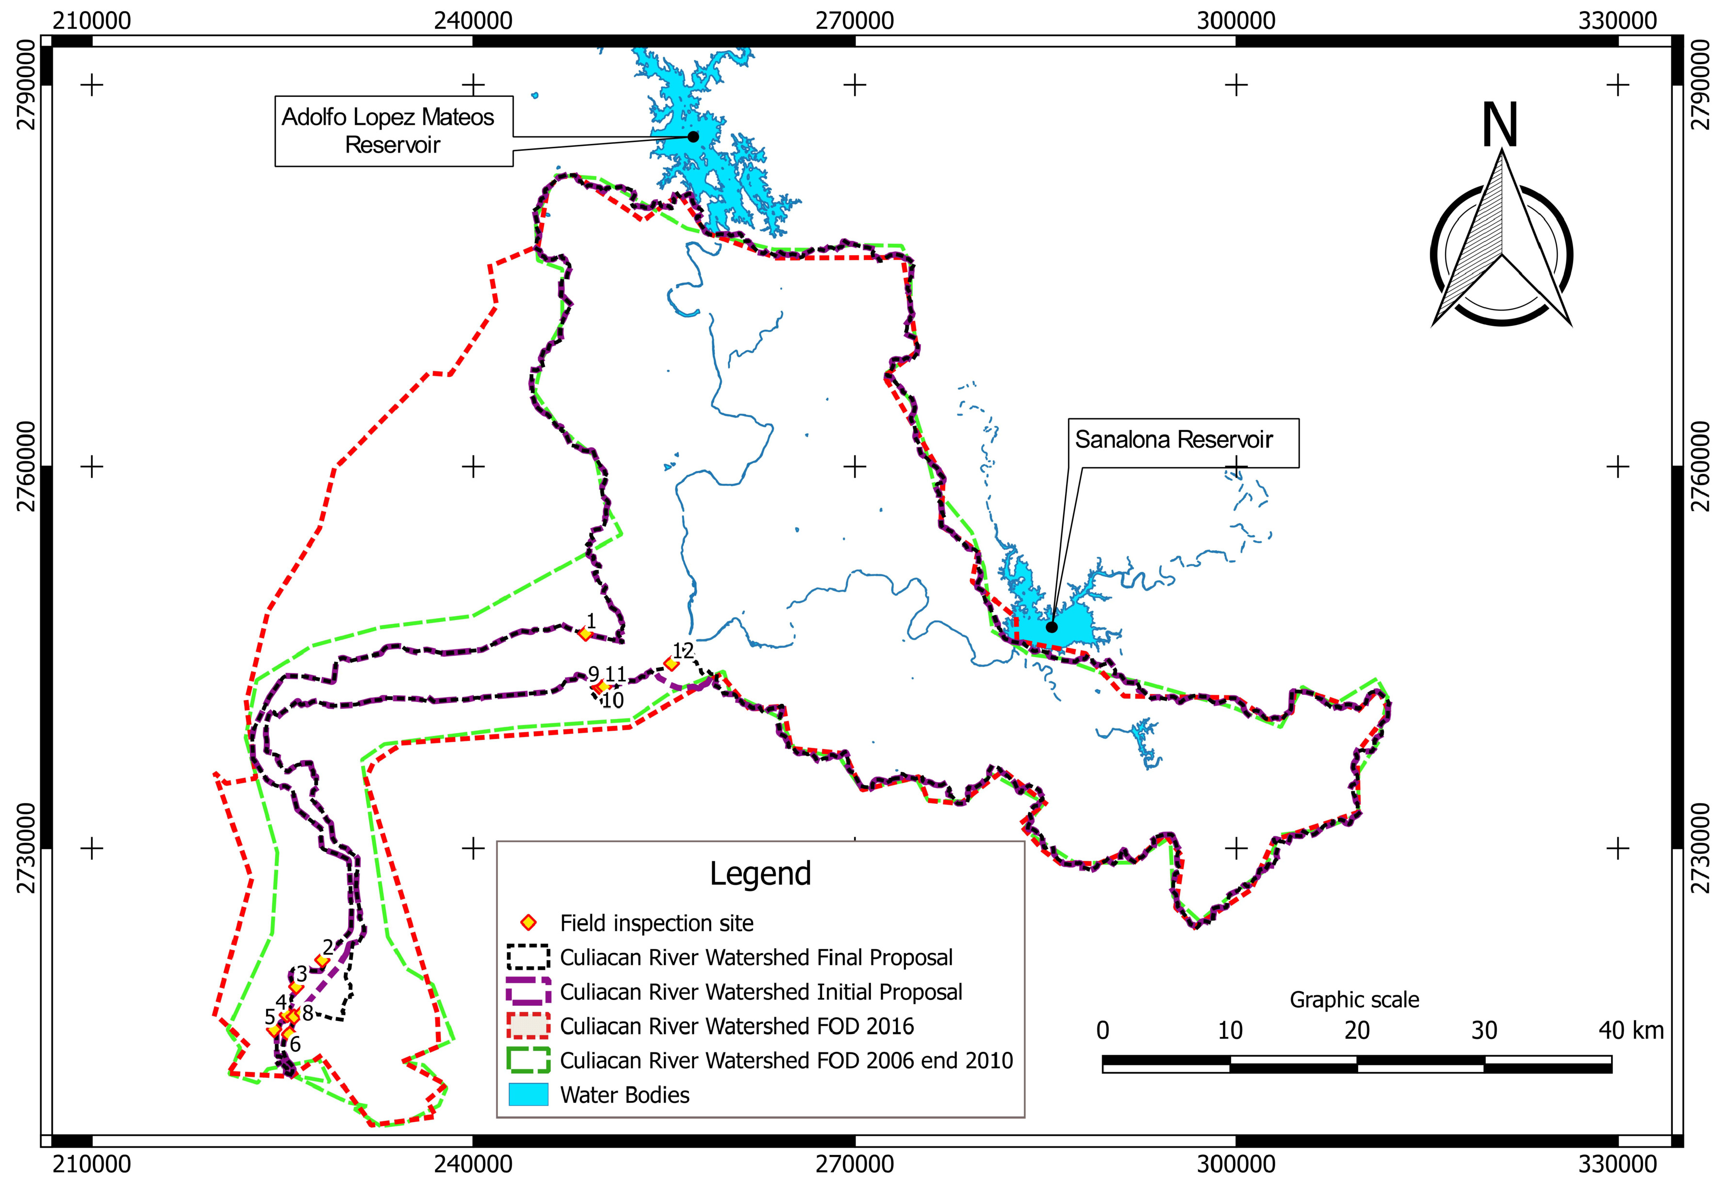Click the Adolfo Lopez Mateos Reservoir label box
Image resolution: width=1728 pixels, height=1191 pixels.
coord(393,131)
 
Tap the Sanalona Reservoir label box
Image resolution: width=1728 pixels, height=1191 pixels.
coord(1183,442)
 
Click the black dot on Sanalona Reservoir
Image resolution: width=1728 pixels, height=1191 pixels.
coord(1052,627)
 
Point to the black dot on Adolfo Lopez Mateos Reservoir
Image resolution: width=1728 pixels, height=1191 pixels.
coord(693,137)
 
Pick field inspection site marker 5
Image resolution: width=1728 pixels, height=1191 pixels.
coord(274,1031)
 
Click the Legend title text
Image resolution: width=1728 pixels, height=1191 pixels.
coord(760,874)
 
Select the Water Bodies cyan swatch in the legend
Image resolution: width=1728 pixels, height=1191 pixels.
coord(528,1095)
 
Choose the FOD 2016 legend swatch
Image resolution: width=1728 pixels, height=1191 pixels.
coord(528,1026)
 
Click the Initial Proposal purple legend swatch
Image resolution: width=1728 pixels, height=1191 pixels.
coord(528,992)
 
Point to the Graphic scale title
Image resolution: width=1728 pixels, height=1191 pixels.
coord(1354,999)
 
